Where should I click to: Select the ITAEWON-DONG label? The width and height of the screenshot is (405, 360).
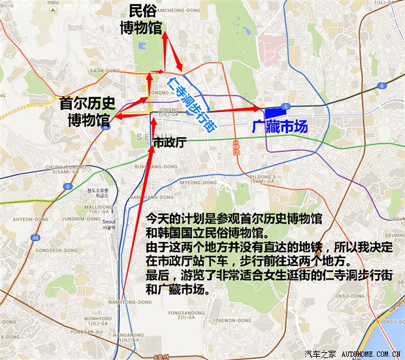pos(229,303)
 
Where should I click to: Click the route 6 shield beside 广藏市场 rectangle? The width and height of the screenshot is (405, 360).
pos(285,106)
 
